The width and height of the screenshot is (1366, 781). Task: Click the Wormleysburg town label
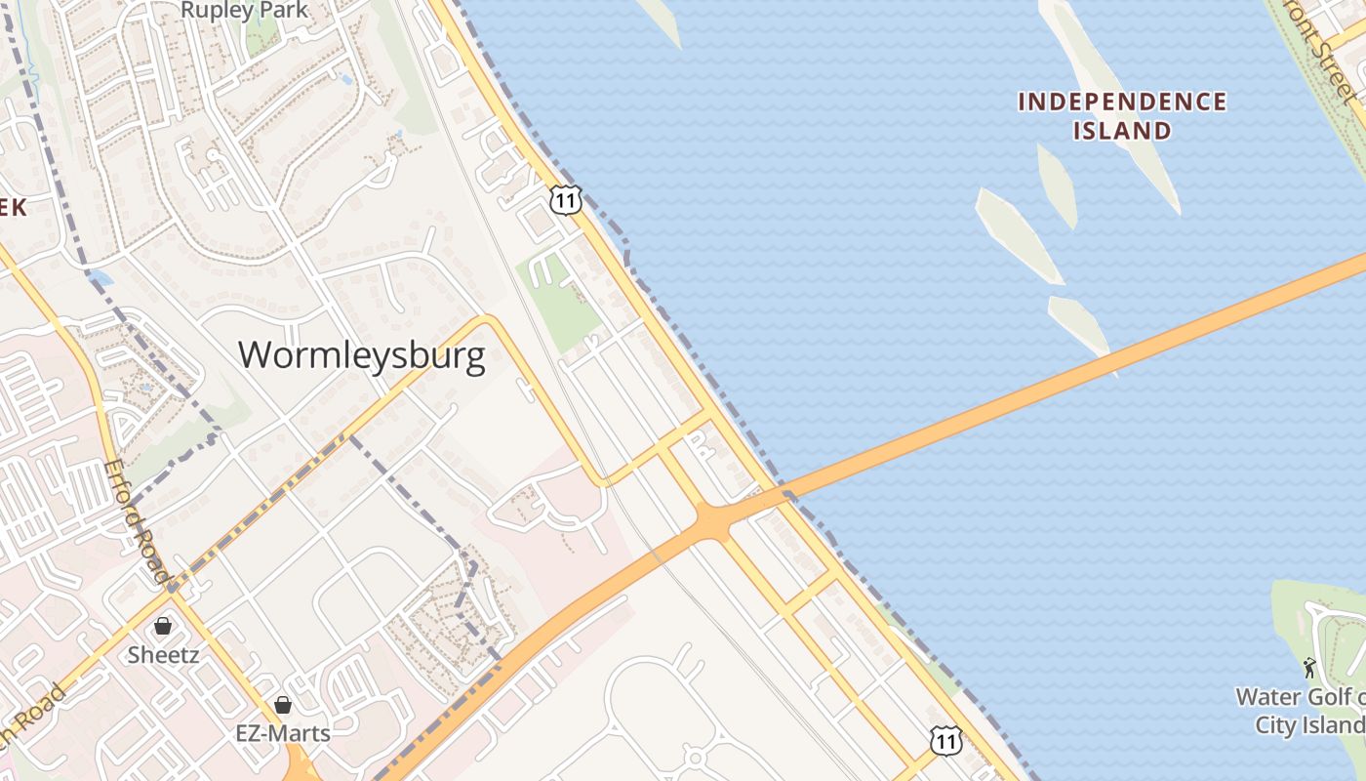[x=361, y=354]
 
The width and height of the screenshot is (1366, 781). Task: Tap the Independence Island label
[x=1122, y=115]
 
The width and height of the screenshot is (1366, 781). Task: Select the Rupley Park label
[x=245, y=11]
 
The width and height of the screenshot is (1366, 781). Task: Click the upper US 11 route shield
[x=566, y=198]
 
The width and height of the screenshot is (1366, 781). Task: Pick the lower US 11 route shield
[x=944, y=741]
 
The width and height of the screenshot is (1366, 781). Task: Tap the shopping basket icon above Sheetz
[x=163, y=626]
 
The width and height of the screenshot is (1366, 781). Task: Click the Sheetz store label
[x=163, y=654]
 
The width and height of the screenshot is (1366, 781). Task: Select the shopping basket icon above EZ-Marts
[x=283, y=704]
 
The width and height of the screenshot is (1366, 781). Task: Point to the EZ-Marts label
[x=283, y=732]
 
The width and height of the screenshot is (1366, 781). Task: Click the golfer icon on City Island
[x=1309, y=669]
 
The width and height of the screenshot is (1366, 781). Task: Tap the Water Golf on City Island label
[x=1301, y=711]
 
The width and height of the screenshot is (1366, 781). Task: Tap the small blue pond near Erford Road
[x=99, y=278]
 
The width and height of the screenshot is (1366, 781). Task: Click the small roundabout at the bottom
[x=694, y=757]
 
